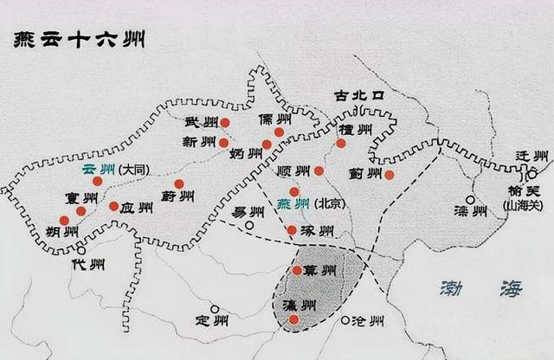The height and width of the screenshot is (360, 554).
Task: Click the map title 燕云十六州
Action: [76, 41]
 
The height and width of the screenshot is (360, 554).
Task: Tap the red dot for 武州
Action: [224, 123]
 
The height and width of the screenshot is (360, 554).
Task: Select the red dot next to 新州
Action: [224, 143]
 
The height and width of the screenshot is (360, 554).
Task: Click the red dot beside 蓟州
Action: [390, 175]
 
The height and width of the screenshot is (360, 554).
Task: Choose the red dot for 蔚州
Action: [179, 183]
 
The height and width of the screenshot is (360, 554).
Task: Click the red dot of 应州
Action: [114, 206]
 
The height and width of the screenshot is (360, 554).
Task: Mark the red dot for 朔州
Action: [64, 221]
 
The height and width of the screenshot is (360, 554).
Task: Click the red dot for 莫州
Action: [297, 270]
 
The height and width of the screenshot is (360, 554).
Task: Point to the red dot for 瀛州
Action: [294, 319]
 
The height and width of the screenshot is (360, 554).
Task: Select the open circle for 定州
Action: [215, 309]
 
